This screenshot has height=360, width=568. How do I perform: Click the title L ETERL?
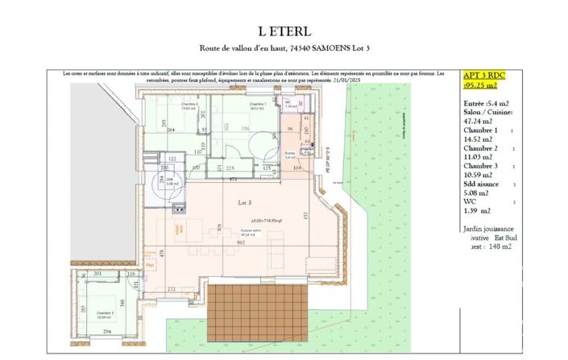tap(284, 31)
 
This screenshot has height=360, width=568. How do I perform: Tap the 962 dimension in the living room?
tap(241, 242)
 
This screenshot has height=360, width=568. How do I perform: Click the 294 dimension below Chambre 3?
tap(106, 331)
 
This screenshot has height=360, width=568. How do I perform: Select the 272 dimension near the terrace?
tap(172, 288)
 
